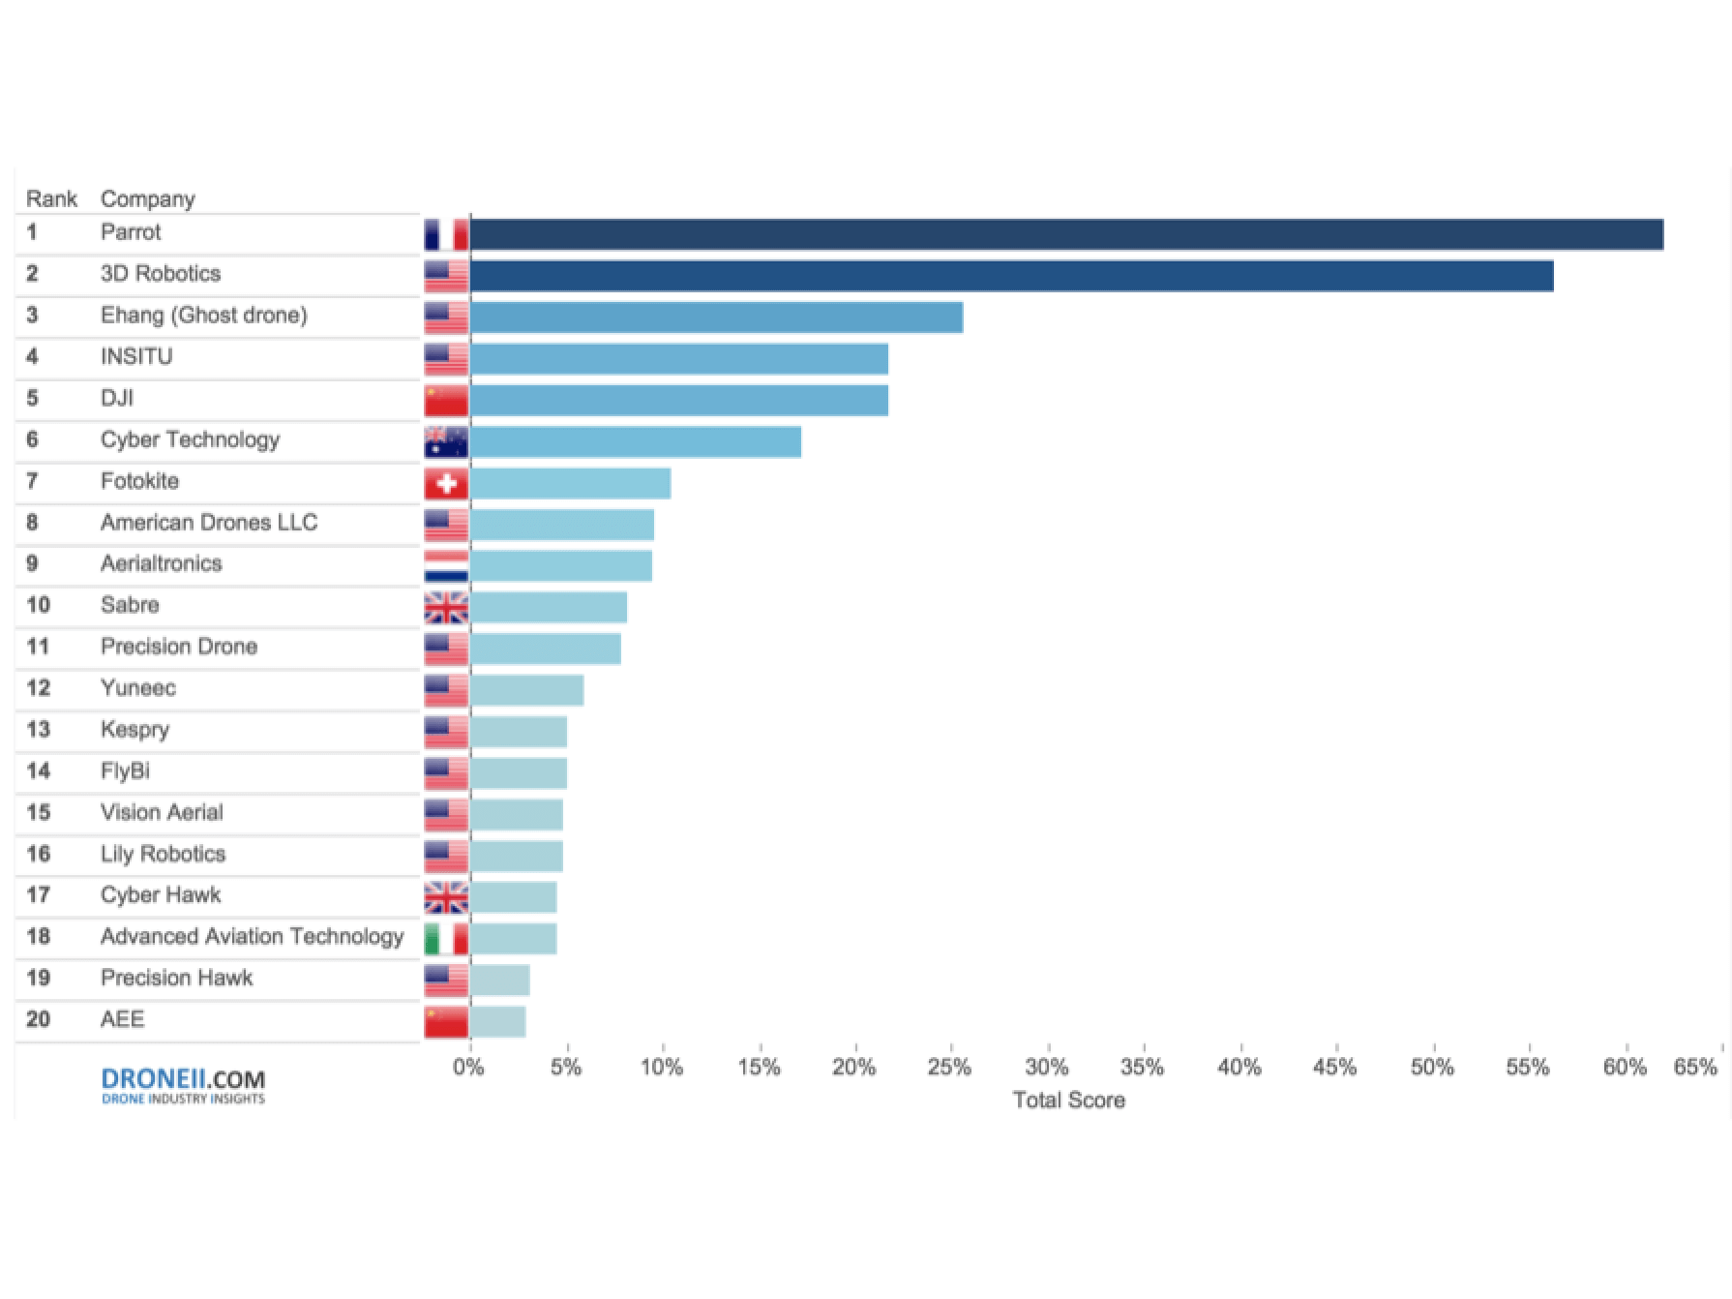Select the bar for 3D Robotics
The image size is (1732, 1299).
(1011, 276)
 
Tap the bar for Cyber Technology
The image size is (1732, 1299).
(635, 442)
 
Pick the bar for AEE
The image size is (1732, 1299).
(497, 1022)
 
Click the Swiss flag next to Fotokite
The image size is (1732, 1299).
(446, 484)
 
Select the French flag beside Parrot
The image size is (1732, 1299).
(446, 235)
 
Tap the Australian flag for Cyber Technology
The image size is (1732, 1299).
(446, 442)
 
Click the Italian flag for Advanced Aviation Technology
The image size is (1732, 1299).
(446, 939)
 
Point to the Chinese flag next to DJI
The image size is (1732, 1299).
(446, 401)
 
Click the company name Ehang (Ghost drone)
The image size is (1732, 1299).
(203, 316)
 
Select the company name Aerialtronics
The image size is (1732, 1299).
(161, 563)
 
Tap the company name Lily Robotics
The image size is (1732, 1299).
(163, 854)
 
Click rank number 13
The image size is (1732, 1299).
(38, 730)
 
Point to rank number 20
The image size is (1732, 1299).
(38, 1019)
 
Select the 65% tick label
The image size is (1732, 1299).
(1695, 1068)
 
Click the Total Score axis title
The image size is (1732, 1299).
(1068, 1101)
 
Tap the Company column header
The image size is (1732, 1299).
(147, 199)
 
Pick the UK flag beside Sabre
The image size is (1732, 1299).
(446, 608)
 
